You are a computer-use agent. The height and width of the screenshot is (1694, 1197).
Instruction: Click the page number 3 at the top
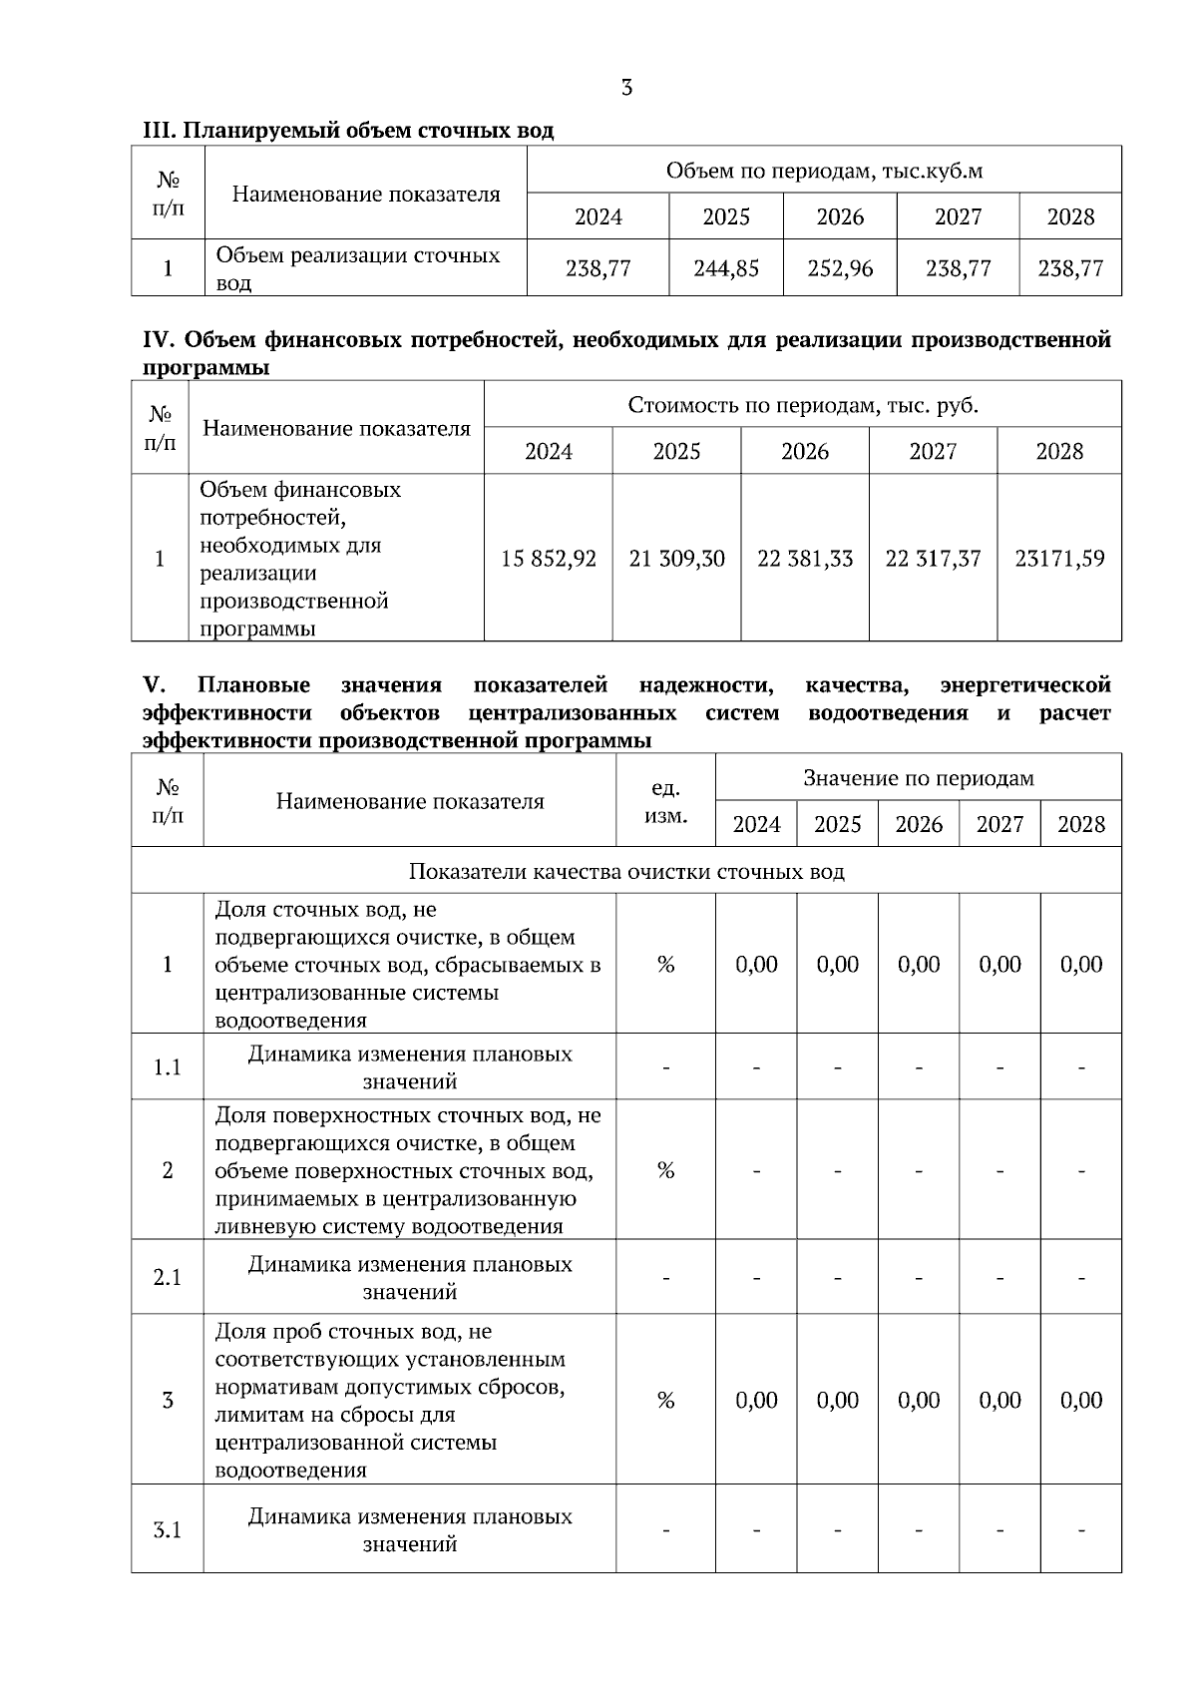pyautogui.click(x=626, y=88)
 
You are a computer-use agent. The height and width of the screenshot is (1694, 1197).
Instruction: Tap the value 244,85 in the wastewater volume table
pyautogui.click(x=726, y=268)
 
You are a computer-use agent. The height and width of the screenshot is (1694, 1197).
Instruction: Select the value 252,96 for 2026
pyautogui.click(x=840, y=268)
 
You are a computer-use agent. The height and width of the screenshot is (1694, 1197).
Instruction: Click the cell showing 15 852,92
pyautogui.click(x=549, y=559)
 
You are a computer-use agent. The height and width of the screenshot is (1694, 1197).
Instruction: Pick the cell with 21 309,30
pyautogui.click(x=676, y=559)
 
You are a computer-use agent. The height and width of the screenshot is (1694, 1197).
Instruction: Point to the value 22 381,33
pyautogui.click(x=805, y=559)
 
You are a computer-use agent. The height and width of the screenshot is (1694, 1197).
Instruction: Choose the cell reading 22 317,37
pyautogui.click(x=933, y=559)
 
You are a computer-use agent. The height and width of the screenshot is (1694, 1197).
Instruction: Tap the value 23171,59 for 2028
pyautogui.click(x=1059, y=559)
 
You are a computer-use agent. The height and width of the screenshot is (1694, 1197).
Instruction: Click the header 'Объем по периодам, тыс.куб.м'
pyautogui.click(x=824, y=171)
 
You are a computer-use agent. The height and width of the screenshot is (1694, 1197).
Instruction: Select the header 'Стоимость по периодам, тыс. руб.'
pyautogui.click(x=803, y=405)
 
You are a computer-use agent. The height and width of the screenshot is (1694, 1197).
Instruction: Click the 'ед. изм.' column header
pyautogui.click(x=665, y=801)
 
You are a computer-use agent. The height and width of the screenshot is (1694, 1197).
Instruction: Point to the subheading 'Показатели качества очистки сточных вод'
pyautogui.click(x=626, y=871)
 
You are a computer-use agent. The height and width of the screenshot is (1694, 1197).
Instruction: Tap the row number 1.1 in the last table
pyautogui.click(x=168, y=1067)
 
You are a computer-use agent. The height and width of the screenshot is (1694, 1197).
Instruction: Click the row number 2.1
pyautogui.click(x=168, y=1278)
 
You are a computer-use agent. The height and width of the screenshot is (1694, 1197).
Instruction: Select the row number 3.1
pyautogui.click(x=168, y=1529)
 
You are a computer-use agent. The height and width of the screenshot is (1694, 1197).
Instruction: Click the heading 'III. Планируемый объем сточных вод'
pyautogui.click(x=348, y=131)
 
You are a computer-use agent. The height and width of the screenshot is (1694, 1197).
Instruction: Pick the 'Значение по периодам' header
pyautogui.click(x=918, y=778)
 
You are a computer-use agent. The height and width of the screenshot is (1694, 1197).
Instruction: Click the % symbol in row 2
pyautogui.click(x=665, y=1170)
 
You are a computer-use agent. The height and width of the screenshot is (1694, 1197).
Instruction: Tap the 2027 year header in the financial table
pyautogui.click(x=933, y=451)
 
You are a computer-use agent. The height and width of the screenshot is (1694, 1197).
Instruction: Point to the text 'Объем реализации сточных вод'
pyautogui.click(x=358, y=268)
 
